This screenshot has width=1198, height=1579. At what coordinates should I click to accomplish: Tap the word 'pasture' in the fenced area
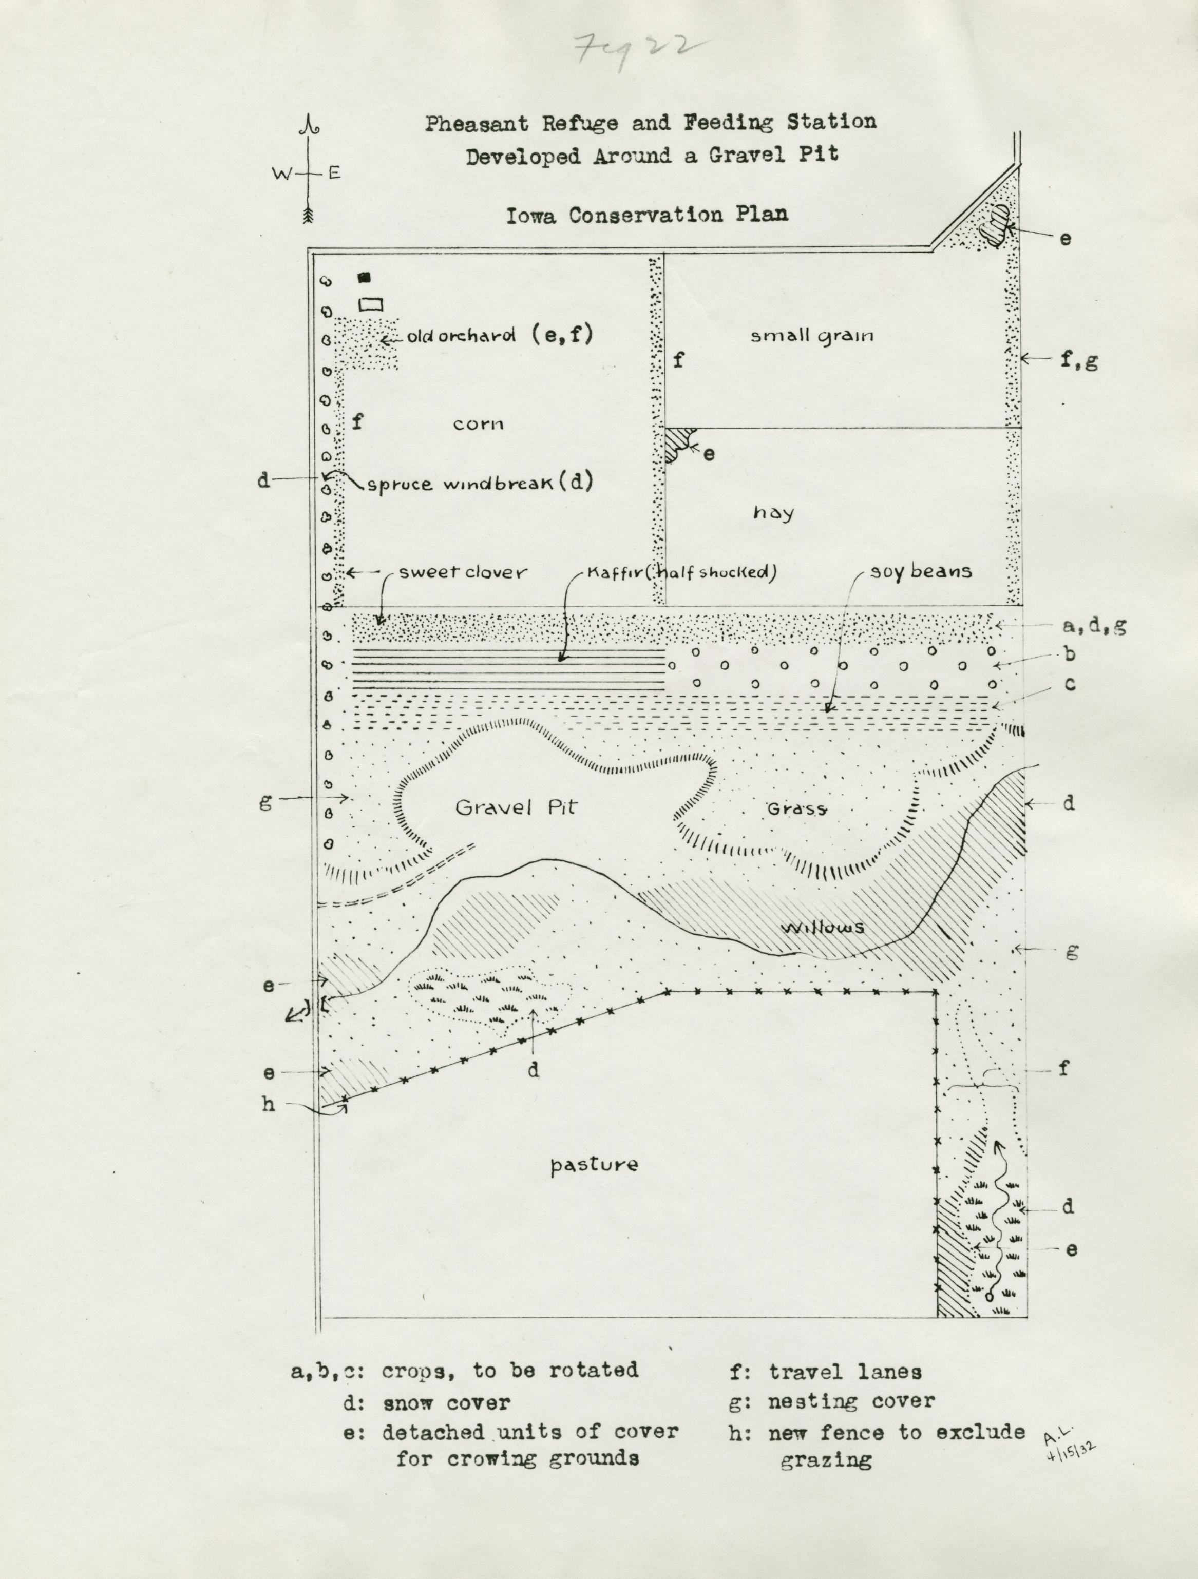pos(594,1165)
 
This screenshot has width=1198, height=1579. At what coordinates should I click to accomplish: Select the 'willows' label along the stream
pos(823,928)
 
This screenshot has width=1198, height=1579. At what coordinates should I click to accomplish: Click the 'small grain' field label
pos(812,336)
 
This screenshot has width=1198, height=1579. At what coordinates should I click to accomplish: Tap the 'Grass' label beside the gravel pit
pos(797,810)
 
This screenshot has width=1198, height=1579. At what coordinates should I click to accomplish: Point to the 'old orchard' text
pos(462,336)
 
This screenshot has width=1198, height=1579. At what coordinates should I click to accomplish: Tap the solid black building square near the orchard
pos(365,278)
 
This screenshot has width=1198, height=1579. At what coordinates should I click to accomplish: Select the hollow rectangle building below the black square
pos(371,304)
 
